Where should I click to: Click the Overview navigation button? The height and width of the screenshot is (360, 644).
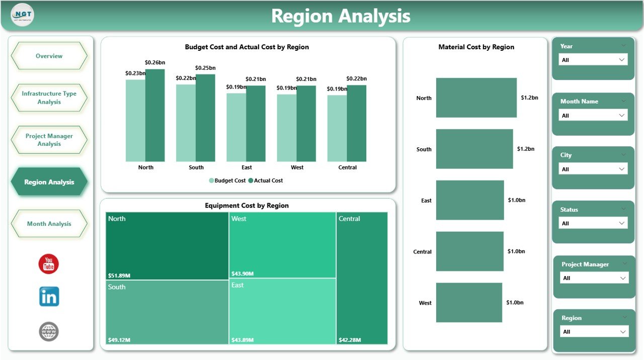[49, 56]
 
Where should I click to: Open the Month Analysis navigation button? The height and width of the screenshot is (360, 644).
[49, 224]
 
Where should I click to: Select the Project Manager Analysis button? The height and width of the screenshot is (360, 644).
[49, 140]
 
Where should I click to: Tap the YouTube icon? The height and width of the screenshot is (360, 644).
[49, 264]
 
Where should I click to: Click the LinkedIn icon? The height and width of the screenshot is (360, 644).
[49, 297]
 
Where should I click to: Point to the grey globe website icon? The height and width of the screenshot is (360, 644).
[49, 331]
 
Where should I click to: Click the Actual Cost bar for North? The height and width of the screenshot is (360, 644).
[155, 116]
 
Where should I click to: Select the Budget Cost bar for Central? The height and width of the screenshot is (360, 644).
[337, 128]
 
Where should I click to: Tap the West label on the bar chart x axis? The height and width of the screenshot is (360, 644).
[297, 167]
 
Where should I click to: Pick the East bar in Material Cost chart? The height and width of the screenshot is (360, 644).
[469, 200]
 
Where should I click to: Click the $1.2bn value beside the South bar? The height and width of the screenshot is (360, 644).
[526, 149]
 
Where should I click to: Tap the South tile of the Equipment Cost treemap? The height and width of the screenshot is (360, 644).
[167, 312]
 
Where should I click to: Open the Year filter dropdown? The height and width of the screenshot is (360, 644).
[593, 60]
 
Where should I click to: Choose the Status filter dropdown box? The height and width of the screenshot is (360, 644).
[593, 223]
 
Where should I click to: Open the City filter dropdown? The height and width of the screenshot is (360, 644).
[593, 169]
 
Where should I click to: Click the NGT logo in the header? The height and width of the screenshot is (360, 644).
[22, 15]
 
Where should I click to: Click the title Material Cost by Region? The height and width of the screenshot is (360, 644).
[476, 47]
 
